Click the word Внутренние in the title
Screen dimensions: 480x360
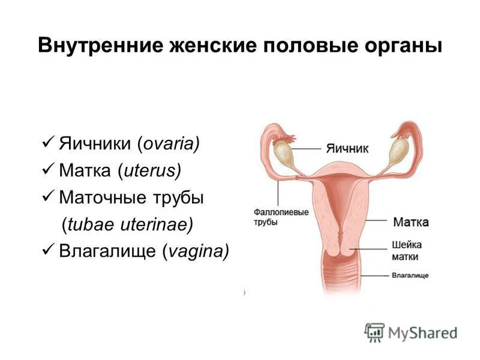(101, 46)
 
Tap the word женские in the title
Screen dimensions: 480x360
(213, 46)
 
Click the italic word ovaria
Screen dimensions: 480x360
(169, 143)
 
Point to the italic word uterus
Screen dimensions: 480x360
(150, 170)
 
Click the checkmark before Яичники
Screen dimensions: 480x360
(48, 142)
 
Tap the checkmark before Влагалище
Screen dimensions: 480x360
(48, 250)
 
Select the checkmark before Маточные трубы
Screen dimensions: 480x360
(48, 196)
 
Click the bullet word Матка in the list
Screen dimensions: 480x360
(85, 170)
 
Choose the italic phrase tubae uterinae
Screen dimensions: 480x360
(127, 224)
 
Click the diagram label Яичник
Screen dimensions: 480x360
(347, 148)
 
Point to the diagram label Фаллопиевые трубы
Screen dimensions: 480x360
(281, 217)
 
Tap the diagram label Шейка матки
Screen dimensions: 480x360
(407, 250)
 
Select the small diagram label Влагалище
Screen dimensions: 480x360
(410, 275)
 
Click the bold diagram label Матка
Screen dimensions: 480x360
(411, 222)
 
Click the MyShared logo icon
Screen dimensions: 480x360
(374, 332)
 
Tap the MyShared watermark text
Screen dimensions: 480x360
(423, 334)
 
